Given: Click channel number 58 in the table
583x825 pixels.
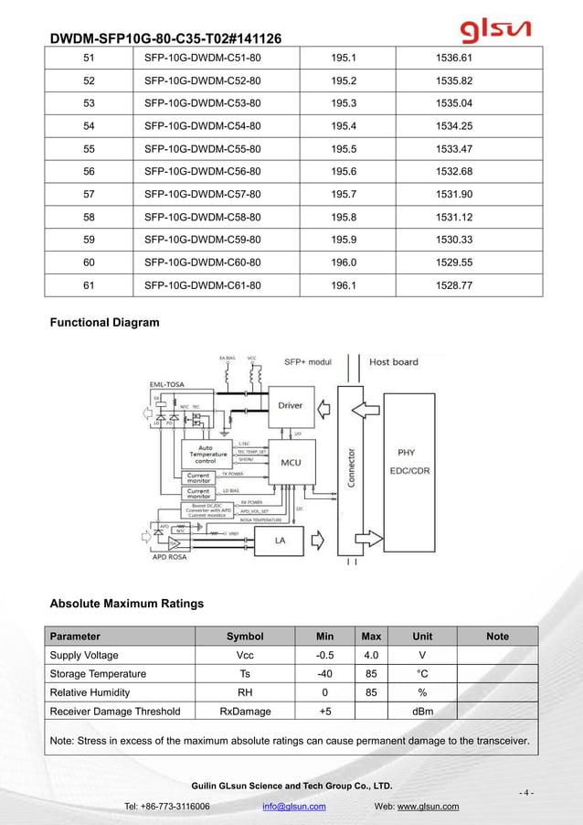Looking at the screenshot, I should (x=89, y=217).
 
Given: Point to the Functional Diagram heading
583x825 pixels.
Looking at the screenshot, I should (x=104, y=322).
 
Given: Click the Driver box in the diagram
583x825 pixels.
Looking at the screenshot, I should (x=290, y=404).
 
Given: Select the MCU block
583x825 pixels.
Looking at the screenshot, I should (x=291, y=462).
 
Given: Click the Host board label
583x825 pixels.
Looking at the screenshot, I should (x=393, y=361).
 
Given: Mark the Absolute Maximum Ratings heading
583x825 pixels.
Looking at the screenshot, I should (x=126, y=604).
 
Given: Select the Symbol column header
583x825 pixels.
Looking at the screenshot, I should (x=245, y=637).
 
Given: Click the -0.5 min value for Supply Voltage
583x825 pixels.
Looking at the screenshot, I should (x=324, y=655).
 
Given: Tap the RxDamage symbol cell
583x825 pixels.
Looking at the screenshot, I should (x=245, y=712).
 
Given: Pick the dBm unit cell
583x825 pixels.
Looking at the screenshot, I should (x=422, y=712).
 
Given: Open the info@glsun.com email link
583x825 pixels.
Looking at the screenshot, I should (x=294, y=806).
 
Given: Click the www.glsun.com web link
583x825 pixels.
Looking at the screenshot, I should (x=429, y=806).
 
